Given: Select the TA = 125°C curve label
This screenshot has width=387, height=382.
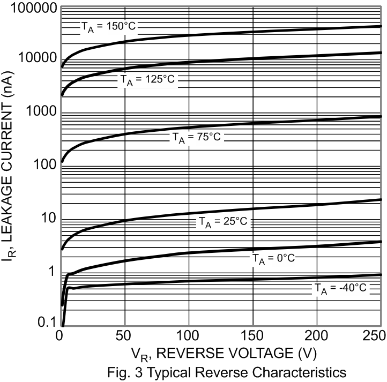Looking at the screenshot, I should tap(146, 80).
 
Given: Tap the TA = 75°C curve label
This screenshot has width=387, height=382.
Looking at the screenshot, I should tap(197, 138).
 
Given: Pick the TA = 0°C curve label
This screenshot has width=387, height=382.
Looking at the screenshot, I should tap(273, 258).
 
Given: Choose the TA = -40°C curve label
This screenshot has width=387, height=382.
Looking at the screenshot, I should tap(340, 289).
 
